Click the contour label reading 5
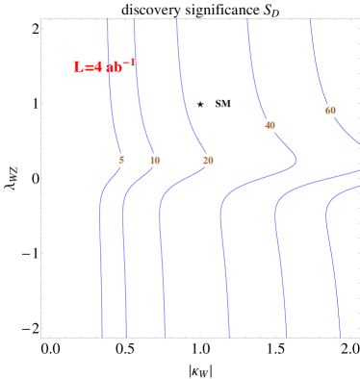[x=121, y=160]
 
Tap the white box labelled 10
[x=155, y=160]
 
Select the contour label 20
[x=208, y=160]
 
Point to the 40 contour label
[x=270, y=125]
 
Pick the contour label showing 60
[x=330, y=111]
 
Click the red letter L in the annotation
[x=78, y=67]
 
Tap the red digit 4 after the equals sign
[x=97, y=67]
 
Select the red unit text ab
[x=114, y=68]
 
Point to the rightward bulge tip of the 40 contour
[x=296, y=159]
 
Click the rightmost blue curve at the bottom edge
[x=340, y=336]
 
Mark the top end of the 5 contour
[x=108, y=20]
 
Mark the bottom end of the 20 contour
[x=165, y=337]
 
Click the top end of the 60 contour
[x=310, y=20]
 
